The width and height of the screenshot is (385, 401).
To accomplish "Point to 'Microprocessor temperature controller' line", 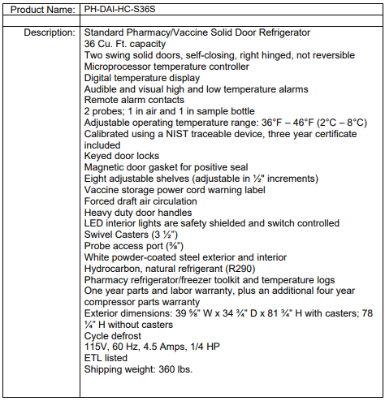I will pos(167,66).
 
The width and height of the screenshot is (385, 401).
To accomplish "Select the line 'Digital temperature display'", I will pos(142,77).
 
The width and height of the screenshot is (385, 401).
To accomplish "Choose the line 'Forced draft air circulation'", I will pos(141,200).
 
